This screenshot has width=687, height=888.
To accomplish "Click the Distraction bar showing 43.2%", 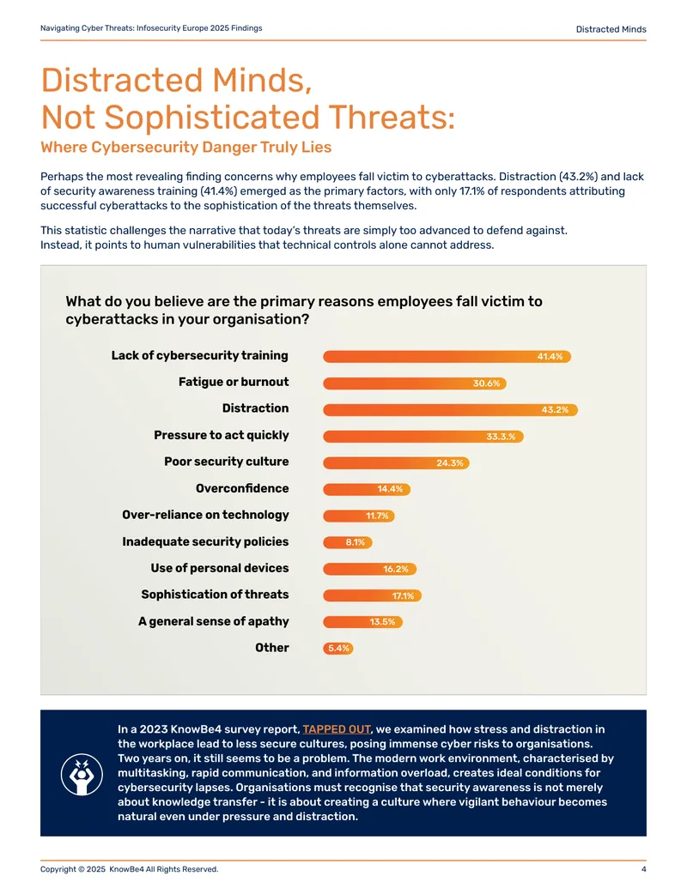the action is click(450, 409).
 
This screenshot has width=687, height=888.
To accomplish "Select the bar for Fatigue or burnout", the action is click(415, 384).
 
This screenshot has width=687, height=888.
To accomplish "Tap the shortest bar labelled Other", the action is click(338, 649).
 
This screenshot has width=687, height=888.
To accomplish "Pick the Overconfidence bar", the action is click(367, 489).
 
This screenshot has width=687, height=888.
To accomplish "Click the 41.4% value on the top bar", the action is click(550, 356).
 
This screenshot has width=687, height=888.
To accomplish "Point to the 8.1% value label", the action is click(356, 542).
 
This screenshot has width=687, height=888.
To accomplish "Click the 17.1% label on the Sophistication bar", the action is click(403, 595).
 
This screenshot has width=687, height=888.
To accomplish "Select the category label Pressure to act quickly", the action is click(221, 435).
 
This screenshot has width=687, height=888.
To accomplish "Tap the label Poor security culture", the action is click(226, 462).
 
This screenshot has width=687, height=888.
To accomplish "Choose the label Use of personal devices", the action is click(219, 568).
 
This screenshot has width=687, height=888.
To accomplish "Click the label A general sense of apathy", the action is click(214, 621).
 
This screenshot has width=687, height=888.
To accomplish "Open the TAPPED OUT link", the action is click(337, 729).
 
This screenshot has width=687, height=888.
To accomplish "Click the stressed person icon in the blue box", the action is click(82, 774).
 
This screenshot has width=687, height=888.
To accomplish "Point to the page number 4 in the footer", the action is click(643, 869).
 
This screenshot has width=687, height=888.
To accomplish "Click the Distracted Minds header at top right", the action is click(611, 29).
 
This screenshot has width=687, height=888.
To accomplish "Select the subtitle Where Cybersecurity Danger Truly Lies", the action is click(186, 148).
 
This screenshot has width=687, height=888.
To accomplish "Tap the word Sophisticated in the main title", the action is click(212, 118).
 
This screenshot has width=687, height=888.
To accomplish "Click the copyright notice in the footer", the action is click(129, 869).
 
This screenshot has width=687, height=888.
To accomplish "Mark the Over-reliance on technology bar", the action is click(359, 516).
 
